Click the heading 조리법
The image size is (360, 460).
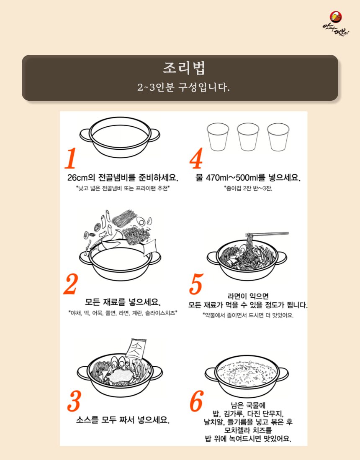point(184,68)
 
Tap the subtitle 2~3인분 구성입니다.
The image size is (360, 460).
point(183,87)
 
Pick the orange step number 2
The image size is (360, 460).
point(71,284)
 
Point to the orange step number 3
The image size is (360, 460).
point(74,401)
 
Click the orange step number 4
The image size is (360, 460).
point(196,158)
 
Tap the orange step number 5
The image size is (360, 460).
point(196,284)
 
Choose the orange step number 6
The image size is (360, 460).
point(196,401)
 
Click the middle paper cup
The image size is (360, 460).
point(248,137)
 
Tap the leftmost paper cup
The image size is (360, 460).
point(218,137)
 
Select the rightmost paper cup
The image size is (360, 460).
point(278,137)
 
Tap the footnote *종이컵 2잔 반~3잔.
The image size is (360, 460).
point(248,188)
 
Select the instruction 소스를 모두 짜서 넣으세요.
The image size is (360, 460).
point(123,420)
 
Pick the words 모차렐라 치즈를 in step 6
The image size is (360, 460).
point(248,430)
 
